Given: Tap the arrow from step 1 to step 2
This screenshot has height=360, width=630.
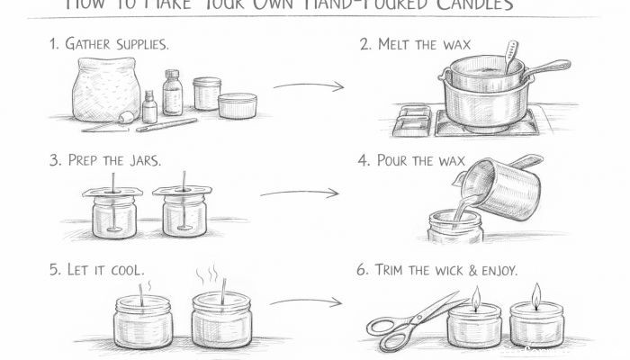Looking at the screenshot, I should point(309,86).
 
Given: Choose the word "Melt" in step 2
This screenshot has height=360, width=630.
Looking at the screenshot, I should point(400,43).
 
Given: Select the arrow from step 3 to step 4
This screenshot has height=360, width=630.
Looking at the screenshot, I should point(299,192).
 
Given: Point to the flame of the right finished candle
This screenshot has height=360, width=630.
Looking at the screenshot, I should point(536,295).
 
